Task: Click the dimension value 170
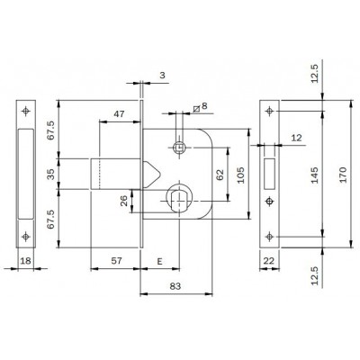pos(342,175)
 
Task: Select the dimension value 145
pos(314,175)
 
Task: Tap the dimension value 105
pos(241,175)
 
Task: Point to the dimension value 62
pos(220,175)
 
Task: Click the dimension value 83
pos(175,286)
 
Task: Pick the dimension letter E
pos(159,262)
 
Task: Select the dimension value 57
pos(117,261)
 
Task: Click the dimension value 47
pos(119,114)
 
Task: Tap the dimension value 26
pos(124,201)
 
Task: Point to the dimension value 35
pos(52,175)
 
